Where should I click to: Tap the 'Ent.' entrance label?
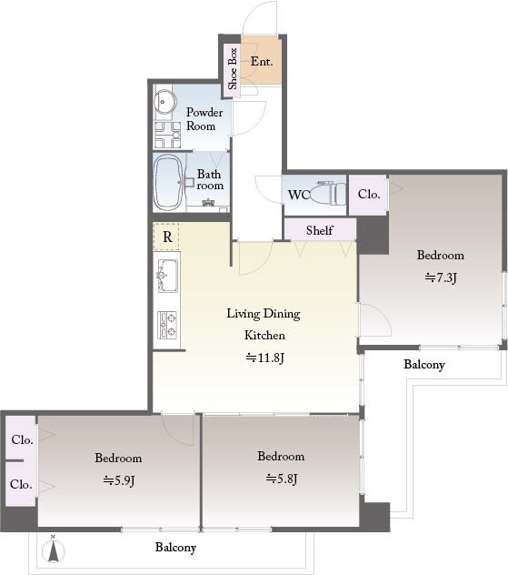(x=262, y=61)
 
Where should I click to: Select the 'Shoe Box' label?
(x=233, y=68)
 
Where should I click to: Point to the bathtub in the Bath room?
(x=168, y=182)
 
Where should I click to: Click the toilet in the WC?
(x=327, y=193)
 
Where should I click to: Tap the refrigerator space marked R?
(x=166, y=237)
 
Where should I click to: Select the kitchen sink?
(x=168, y=276)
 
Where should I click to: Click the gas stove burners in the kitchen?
(x=167, y=325)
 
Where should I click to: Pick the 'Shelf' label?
(x=319, y=230)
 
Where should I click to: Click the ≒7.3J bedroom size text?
(x=441, y=277)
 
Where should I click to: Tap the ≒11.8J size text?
(x=264, y=358)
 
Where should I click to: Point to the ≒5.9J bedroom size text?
(x=119, y=480)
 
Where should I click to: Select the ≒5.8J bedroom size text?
(x=282, y=479)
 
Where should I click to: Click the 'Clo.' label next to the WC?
(x=368, y=194)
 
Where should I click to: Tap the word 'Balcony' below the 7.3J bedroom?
(x=424, y=365)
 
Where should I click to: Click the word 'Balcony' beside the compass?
(x=175, y=547)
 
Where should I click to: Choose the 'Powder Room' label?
(x=204, y=119)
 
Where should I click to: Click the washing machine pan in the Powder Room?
(x=167, y=135)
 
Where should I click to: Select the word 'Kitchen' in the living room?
(x=264, y=335)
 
